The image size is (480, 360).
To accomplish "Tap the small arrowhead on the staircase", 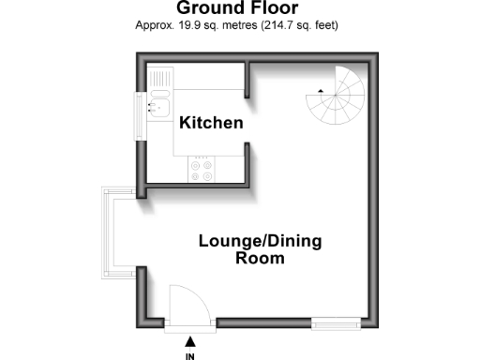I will point(320,90).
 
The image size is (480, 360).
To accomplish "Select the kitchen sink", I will point(158,104).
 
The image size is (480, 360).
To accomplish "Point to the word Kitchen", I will point(212,123).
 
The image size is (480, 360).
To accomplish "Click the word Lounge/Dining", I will point(260,241).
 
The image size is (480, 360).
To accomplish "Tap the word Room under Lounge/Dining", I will point(260,259).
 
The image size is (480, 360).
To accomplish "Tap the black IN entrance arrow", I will point(190,342).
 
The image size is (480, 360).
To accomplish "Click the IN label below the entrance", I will point(190,355).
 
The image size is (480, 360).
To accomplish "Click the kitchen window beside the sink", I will point(142,107).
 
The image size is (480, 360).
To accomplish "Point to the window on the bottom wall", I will point(337,324).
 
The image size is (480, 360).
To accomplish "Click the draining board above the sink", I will point(159,78).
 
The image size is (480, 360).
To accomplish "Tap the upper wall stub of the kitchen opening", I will point(246,82).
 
